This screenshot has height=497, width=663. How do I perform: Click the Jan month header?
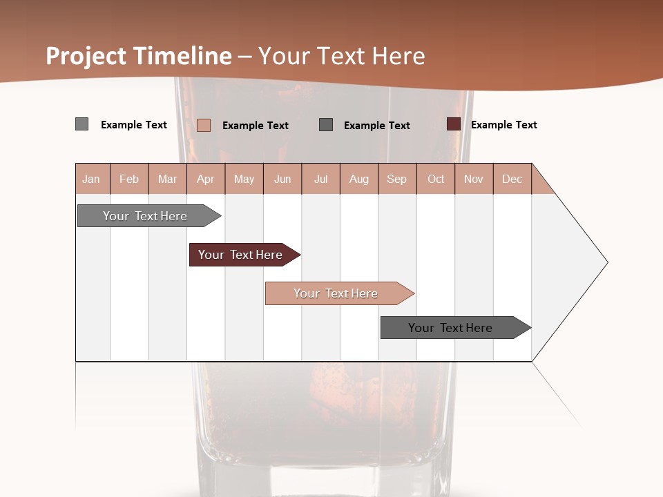pos(91,179)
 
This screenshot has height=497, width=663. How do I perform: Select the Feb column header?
pos(129,179)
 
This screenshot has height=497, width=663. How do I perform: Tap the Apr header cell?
pos(205,179)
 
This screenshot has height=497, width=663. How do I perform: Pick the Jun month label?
pos(282,179)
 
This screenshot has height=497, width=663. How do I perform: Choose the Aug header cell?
pos(358,179)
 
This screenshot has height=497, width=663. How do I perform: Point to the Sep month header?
pos(396,179)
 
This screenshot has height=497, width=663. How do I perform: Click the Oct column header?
pos(436,179)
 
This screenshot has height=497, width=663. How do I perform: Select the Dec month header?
pos(512,179)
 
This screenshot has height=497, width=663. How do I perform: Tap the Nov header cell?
pos(474,179)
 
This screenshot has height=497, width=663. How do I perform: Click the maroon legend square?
pos(453,124)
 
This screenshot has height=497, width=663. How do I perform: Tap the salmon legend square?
pos(204,125)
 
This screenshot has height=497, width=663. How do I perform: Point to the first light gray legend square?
pos(82,124)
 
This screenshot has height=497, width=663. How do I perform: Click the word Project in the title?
pos(86,56)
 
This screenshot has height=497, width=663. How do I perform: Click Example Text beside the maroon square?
pos(503,125)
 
